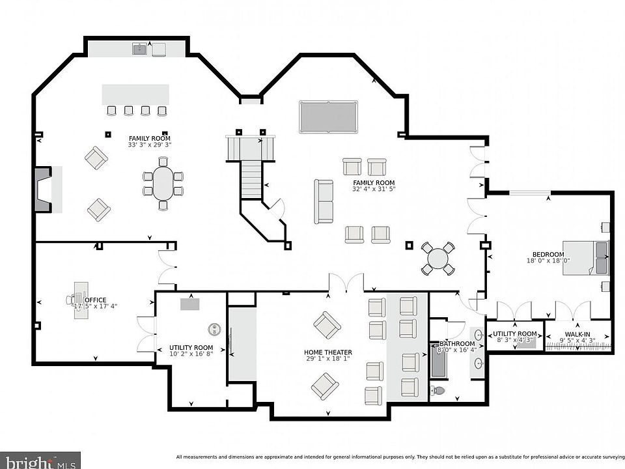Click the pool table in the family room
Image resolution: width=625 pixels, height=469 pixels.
[x=328, y=117]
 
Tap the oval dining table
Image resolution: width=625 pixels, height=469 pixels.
[x=163, y=183]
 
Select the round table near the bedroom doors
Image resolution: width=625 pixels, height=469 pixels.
[x=438, y=259]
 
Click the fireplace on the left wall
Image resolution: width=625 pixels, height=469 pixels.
[x=44, y=189]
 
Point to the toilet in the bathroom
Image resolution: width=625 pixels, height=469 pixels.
[x=437, y=390]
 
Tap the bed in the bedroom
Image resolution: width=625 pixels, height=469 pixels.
[x=585, y=258]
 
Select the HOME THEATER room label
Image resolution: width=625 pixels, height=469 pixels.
[x=328, y=352]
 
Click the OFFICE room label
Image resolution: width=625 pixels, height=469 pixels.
[x=96, y=300]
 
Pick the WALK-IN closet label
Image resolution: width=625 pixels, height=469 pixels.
[x=577, y=335]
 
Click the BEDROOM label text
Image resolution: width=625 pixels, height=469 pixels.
[x=548, y=255]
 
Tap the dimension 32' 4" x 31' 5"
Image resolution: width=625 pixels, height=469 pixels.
[x=374, y=189]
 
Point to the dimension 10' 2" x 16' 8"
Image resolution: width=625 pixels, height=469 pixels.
[x=191, y=353]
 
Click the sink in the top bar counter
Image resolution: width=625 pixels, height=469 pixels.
[x=140, y=49]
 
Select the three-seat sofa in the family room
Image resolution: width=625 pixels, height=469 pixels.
[x=324, y=201]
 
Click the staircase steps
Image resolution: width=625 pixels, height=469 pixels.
[x=251, y=179]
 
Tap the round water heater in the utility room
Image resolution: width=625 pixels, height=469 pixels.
[x=214, y=329]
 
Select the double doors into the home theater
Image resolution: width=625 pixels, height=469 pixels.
[x=346, y=282]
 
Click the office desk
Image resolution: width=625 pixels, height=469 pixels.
[x=81, y=300]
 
